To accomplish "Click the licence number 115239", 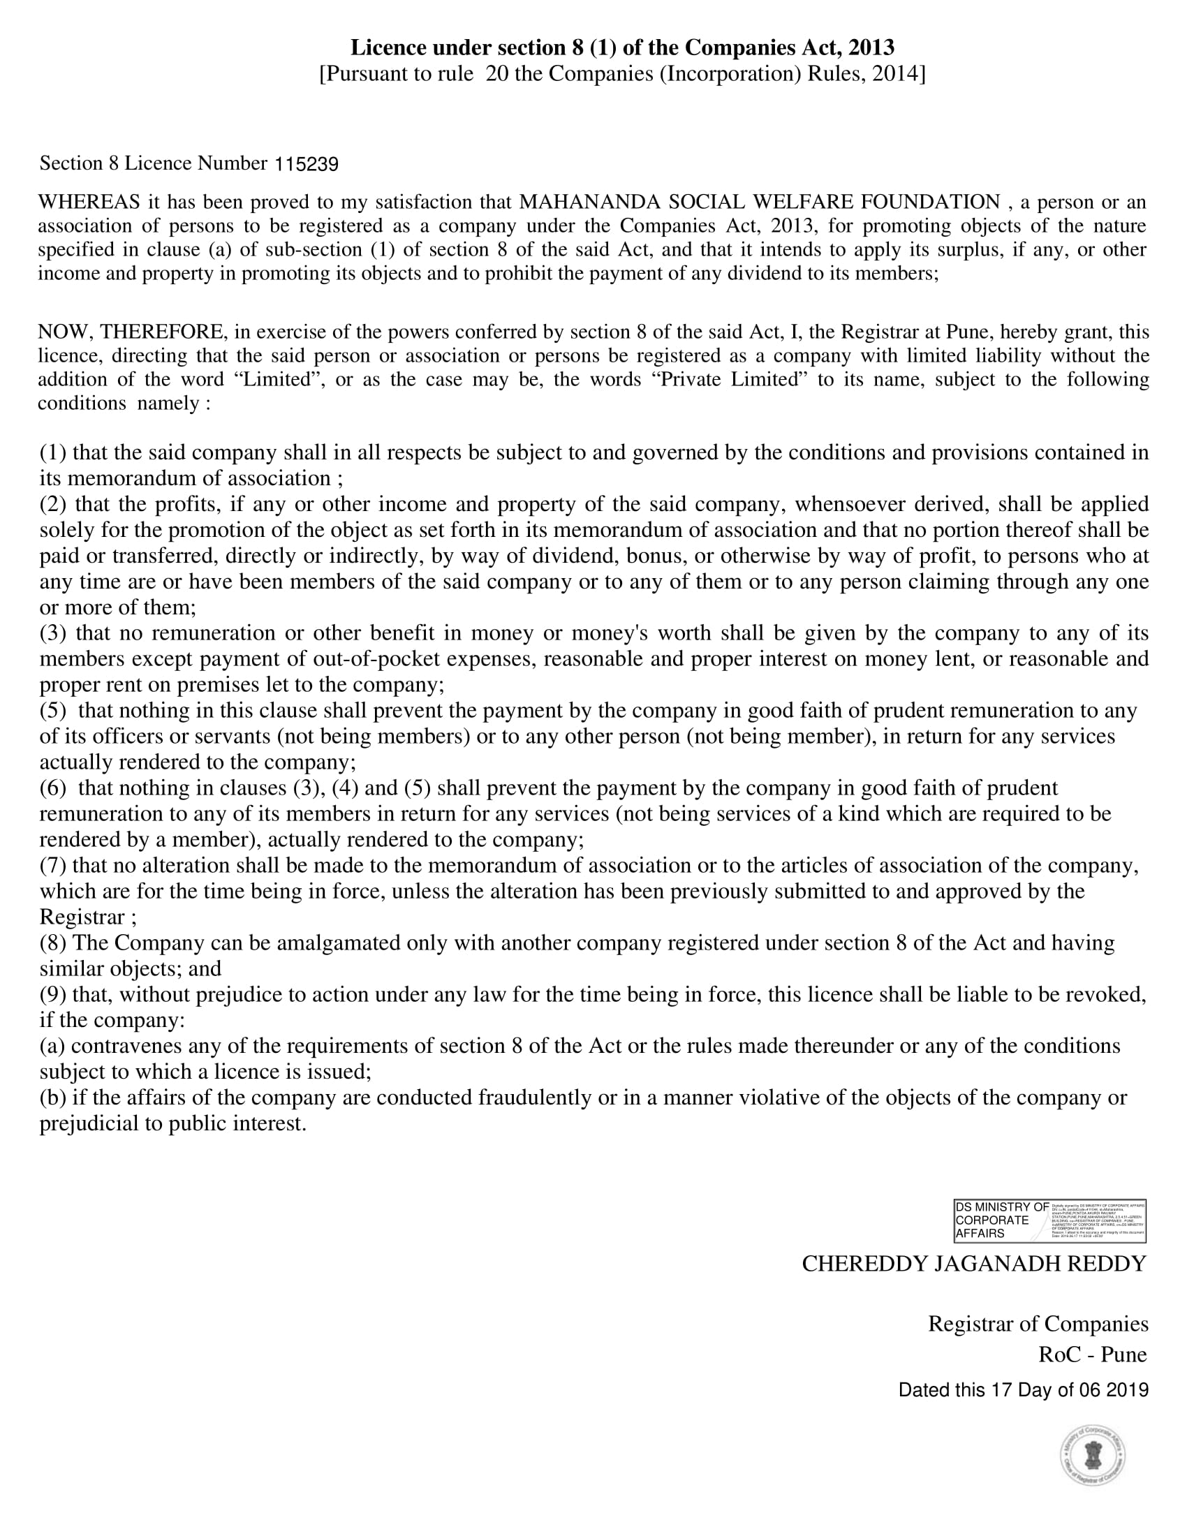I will pyautogui.click(x=306, y=165).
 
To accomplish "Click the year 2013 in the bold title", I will pyautogui.click(x=871, y=47).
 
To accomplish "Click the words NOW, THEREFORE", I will pyautogui.click(x=132, y=332).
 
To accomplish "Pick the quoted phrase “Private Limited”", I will pyautogui.click(x=731, y=380).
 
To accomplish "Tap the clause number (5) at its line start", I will pyautogui.click(x=53, y=711).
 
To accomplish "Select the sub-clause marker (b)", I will pyautogui.click(x=53, y=1098).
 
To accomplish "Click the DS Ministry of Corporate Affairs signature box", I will pyautogui.click(x=1049, y=1220).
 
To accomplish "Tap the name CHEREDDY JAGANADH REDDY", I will pyautogui.click(x=974, y=1264).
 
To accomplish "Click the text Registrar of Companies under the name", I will pyautogui.click(x=1038, y=1324).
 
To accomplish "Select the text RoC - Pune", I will pyautogui.click(x=1092, y=1354).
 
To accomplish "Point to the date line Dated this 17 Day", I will pyautogui.click(x=1023, y=1390).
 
